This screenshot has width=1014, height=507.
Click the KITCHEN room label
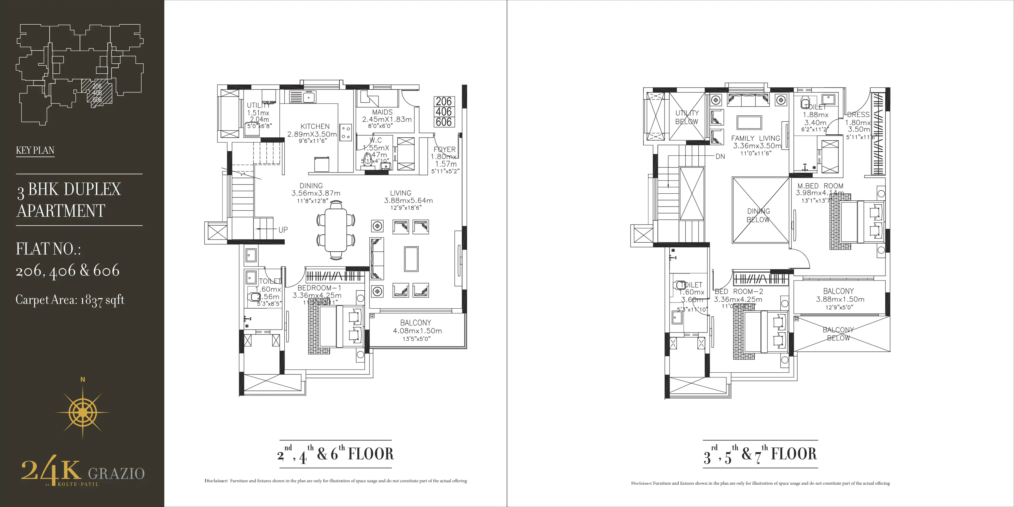click(315, 126)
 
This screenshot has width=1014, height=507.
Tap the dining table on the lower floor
click(336, 230)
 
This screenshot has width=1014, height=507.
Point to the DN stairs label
click(720, 156)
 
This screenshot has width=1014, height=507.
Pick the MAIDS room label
click(382, 112)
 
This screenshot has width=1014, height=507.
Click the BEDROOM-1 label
click(319, 288)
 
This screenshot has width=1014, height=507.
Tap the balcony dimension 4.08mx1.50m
click(417, 331)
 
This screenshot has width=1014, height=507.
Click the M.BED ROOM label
click(820, 186)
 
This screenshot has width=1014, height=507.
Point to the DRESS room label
click(858, 114)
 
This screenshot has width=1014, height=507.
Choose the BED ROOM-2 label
click(738, 292)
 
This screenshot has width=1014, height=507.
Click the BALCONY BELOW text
click(838, 334)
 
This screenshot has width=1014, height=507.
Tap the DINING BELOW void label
click(758, 215)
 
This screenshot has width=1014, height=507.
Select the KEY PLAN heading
click(35, 150)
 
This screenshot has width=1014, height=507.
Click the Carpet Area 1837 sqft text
click(70, 300)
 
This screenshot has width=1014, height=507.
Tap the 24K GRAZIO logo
click(83, 471)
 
